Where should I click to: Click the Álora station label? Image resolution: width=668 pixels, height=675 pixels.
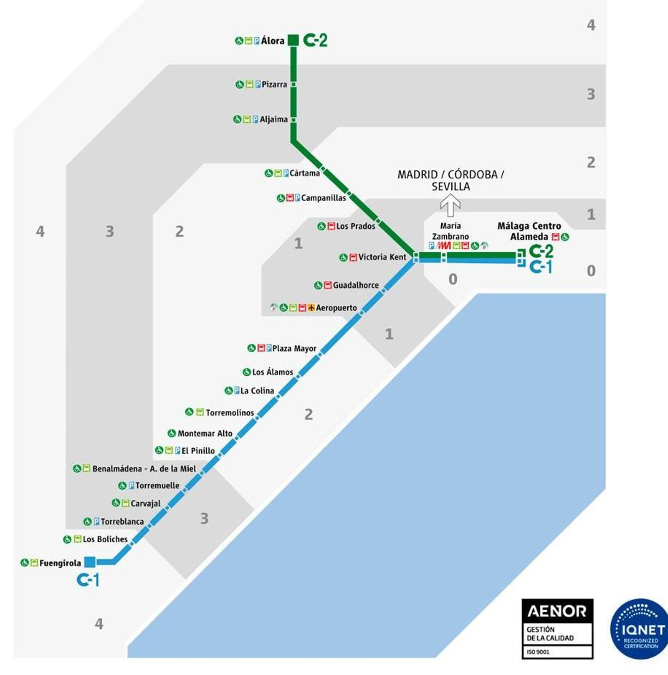coord(273,41)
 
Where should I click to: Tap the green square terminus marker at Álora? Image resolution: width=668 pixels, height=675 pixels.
coord(294,40)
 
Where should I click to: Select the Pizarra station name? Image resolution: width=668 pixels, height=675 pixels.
coord(274,84)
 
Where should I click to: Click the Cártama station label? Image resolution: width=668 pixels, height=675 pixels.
coord(304,173)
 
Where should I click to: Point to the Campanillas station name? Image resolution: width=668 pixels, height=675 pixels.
coord(324,198)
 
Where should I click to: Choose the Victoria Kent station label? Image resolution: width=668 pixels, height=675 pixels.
coord(382,257)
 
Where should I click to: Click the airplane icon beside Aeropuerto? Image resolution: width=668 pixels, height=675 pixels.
coord(311,308)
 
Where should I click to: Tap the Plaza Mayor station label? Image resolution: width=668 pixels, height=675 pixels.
coord(294,349)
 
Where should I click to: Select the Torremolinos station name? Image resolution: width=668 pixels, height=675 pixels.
coord(230,413)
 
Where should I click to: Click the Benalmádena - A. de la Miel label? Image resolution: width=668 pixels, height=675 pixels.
coord(144,469)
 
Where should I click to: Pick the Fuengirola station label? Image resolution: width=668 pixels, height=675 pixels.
coord(60,563)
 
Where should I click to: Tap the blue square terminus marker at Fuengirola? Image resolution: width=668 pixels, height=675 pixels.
coord(90,562)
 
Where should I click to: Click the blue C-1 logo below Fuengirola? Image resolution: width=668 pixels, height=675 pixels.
coord(88,580)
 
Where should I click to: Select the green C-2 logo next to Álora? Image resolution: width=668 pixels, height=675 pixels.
coord(315,40)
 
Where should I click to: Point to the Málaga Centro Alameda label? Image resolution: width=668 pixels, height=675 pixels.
coord(529,231)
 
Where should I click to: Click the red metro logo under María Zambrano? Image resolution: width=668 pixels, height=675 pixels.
coord(444,246)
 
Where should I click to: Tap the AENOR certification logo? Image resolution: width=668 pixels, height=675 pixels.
coord(557,629)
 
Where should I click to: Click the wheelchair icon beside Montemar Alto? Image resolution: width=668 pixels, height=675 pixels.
coord(172,433)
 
